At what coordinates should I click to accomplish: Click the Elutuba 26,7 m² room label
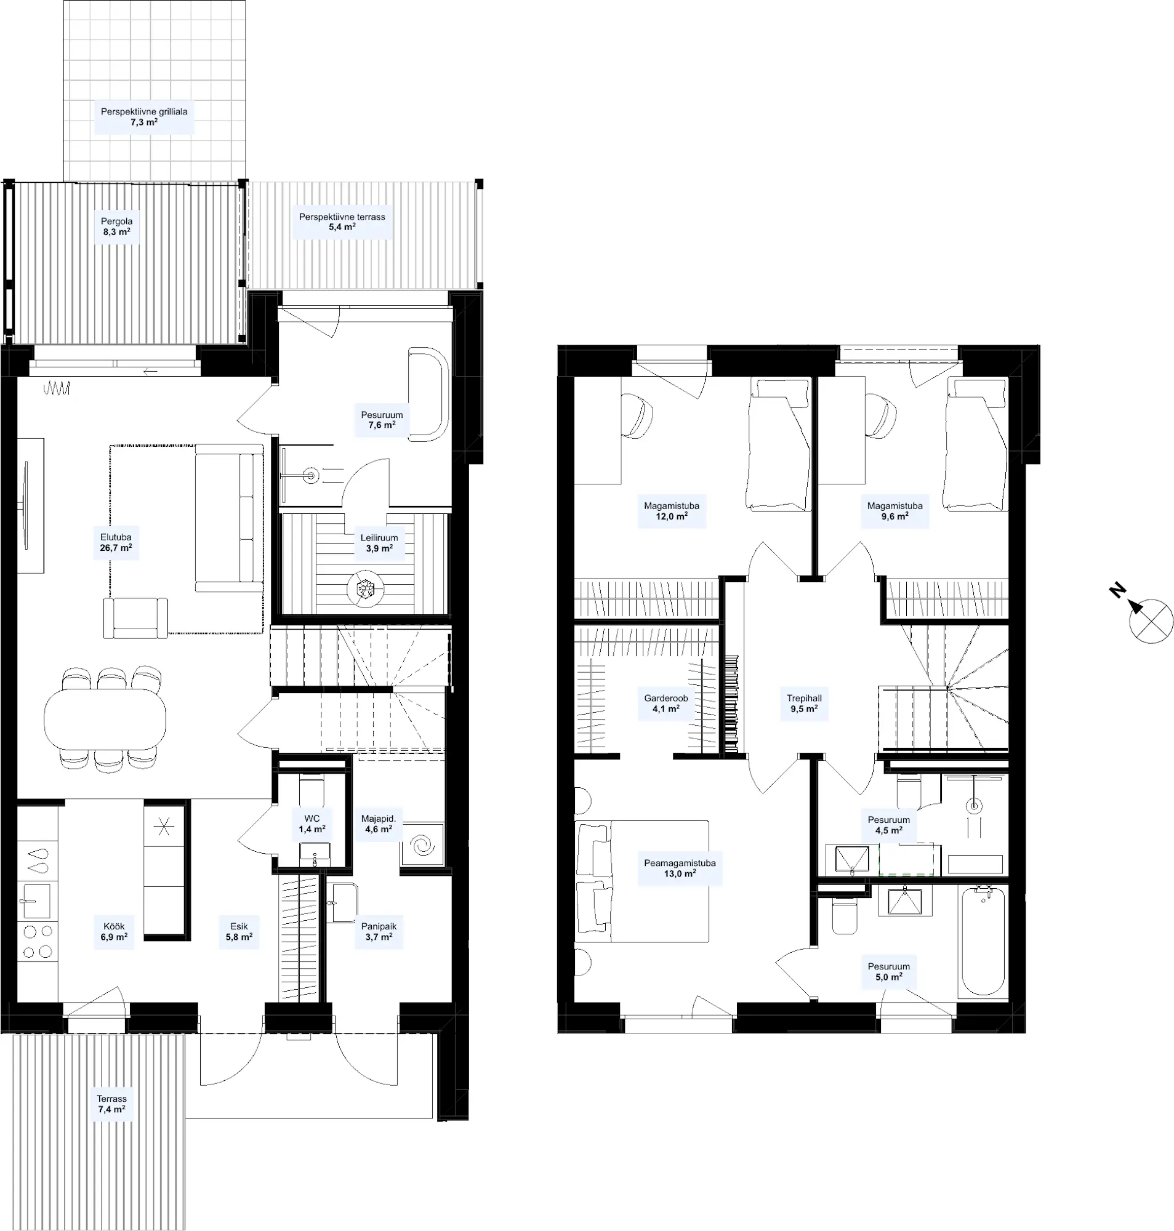pos(116,542)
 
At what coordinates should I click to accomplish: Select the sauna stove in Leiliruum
pos(364,588)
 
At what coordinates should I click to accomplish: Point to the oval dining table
pos(105,718)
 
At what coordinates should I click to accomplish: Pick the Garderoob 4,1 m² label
pos(666,704)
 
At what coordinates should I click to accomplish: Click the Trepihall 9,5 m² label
pos(804,704)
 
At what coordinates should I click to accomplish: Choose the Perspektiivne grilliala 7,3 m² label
pos(144,117)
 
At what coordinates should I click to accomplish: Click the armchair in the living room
pos(136,618)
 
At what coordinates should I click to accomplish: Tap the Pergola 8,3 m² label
pos(116,227)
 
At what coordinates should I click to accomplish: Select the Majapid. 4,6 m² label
pos(379,824)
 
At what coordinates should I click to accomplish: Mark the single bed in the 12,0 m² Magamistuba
pos(779,445)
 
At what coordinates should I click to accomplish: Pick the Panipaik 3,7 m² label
pos(379,932)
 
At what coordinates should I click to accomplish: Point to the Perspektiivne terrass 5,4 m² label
pos(342,222)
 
